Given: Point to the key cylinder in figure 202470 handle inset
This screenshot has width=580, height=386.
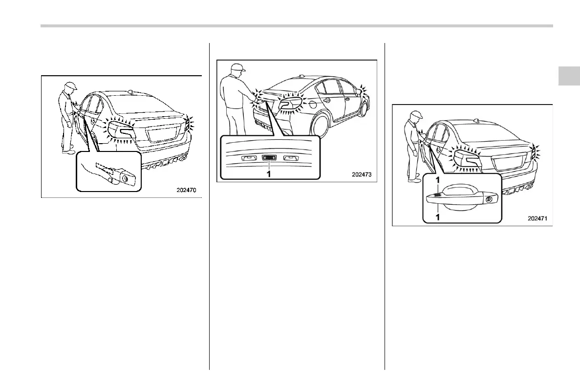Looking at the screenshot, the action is pos(127,180).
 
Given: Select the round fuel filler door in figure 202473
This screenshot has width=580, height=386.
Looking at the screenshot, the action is pos(326,101).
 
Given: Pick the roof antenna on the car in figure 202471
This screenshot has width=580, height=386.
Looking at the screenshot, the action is pos(476,120).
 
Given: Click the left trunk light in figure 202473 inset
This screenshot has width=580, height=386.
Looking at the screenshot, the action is pos(249,158).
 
